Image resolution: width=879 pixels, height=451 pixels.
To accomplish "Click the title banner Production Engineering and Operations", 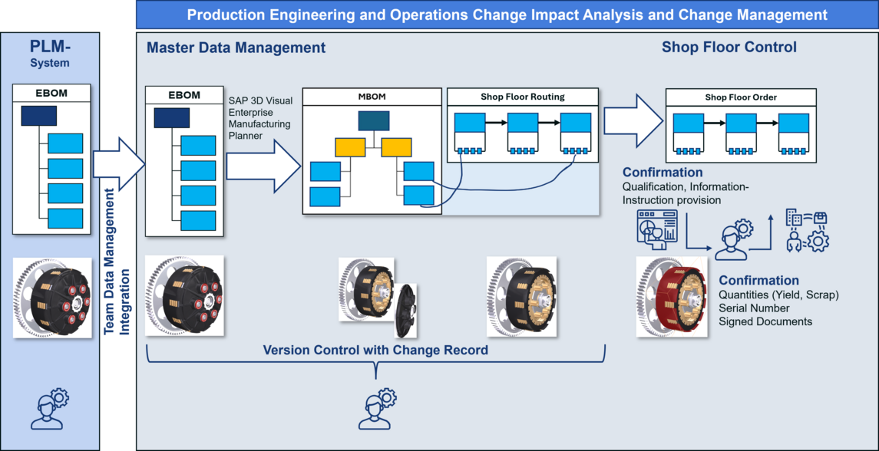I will tap(507, 15).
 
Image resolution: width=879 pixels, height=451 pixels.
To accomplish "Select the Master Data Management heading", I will tap(236, 48).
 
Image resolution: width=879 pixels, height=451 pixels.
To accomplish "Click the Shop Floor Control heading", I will tap(729, 48).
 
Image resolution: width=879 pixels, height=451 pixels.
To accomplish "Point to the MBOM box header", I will tap(372, 97).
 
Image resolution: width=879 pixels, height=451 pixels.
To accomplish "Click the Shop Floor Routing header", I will tap(522, 97).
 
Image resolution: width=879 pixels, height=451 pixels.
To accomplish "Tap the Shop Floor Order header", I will tap(740, 97).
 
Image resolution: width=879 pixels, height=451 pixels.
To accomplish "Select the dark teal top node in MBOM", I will tap(373, 120).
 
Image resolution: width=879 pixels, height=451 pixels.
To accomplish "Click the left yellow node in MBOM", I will tap(349, 147).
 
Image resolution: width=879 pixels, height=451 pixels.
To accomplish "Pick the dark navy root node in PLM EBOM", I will tap(38, 116).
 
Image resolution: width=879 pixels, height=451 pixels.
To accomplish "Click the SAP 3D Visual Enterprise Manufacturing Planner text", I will tap(259, 117).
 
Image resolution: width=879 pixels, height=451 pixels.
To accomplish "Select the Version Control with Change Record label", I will tap(375, 350).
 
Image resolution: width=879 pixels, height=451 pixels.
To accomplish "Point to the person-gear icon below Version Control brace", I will tap(375, 409).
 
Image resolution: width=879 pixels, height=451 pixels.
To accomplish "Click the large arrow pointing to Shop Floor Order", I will tap(633, 120).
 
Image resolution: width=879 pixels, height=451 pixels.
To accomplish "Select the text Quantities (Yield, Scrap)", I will tap(778, 295).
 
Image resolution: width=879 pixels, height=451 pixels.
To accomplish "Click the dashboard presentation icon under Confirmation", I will tap(656, 229).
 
